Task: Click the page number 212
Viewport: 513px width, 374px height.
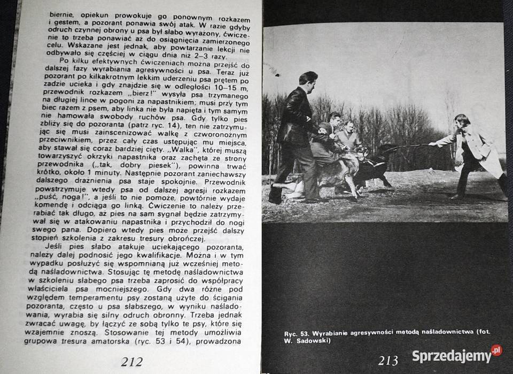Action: coord(131,362)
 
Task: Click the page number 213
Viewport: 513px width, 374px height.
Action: coord(388,361)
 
